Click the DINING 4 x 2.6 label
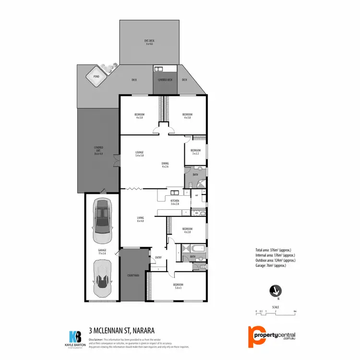pos(165,165)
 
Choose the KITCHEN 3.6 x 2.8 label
pos(175,202)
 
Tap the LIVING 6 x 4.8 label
pos(140,220)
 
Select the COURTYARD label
pos(133,275)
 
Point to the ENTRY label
pos(158,258)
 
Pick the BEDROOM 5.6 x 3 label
pos(178,286)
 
